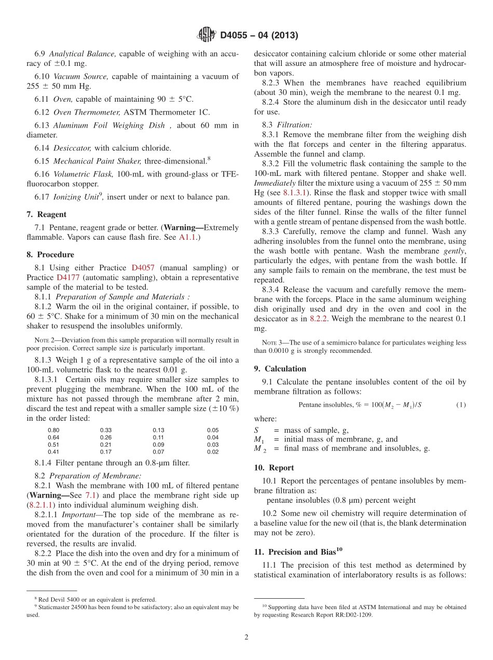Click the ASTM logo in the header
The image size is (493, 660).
pyautogui.click(x=207, y=35)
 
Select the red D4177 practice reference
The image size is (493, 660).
pyautogui.click(x=67, y=278)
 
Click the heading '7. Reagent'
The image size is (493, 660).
pyautogui.click(x=46, y=214)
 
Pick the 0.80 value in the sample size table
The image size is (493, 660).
pyautogui.click(x=53, y=430)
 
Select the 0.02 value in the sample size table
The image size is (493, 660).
pyautogui.click(x=213, y=452)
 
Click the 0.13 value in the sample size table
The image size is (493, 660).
pyautogui.click(x=158, y=430)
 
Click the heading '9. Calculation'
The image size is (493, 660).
pyautogui.click(x=280, y=369)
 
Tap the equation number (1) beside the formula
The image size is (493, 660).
pyautogui.click(x=461, y=405)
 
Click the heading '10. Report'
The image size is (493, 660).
pyautogui.click(x=274, y=467)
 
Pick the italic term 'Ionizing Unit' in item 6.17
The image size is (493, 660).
pyautogui.click(x=73, y=197)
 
